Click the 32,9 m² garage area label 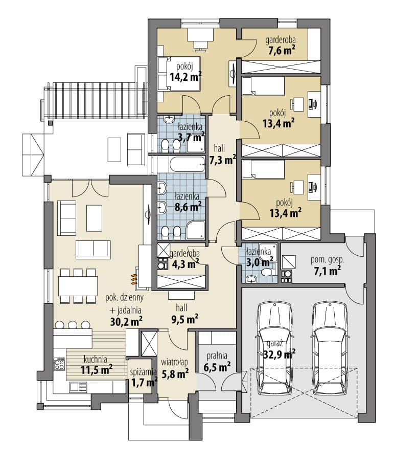pos(280,354)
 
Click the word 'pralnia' pos(217,356)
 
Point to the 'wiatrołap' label pos(174,362)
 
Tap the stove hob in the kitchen pos(59,364)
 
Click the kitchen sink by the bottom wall pos(78,386)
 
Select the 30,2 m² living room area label pos(127,321)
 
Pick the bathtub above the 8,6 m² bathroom pos(188,164)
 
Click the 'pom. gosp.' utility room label pos(328,260)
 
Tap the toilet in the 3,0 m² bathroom pos(267,272)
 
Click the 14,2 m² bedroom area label pos(185,77)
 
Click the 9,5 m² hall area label pos(185,319)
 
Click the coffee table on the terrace pos(114,149)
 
